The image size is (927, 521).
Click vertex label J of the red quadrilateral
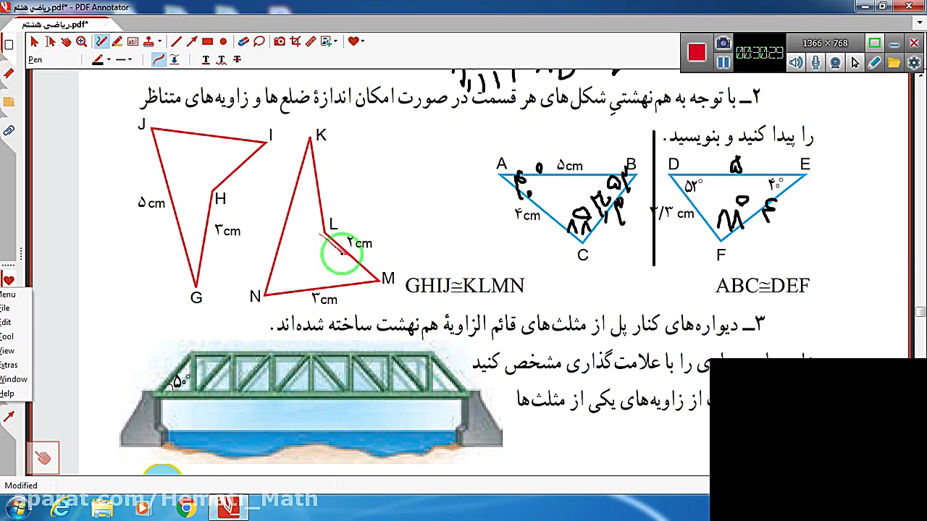[x=141, y=124]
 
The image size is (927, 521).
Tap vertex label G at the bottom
[x=196, y=297]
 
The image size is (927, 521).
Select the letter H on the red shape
[x=220, y=199]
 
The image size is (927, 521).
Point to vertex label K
[x=321, y=135]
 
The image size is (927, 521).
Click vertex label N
[x=255, y=297]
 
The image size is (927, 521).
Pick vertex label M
[x=388, y=279]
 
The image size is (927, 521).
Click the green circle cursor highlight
[x=340, y=254]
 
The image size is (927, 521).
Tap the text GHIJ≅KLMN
[x=464, y=286]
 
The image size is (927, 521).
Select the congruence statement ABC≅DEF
[x=762, y=286]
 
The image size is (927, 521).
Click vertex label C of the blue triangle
[x=583, y=255]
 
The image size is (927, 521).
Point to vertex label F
[x=721, y=255]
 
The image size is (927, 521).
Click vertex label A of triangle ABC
[x=502, y=164]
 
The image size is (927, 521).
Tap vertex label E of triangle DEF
[x=805, y=164]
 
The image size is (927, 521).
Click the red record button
[x=697, y=53]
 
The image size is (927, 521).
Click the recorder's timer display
[x=759, y=53]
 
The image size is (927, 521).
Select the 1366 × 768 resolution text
[x=825, y=43]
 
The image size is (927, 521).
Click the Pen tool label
[x=35, y=59]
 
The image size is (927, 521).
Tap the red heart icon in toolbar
[x=353, y=41]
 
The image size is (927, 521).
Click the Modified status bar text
[x=21, y=486]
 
